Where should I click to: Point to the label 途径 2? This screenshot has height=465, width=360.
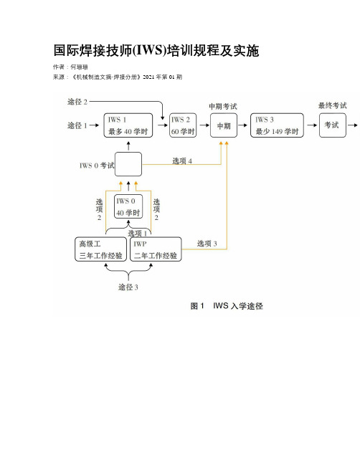pyautogui.click(x=77, y=102)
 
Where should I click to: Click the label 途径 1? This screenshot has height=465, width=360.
pyautogui.click(x=77, y=125)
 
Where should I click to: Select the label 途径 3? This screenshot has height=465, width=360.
pyautogui.click(x=128, y=287)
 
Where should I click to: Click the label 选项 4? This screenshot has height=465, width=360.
pyautogui.click(x=182, y=161)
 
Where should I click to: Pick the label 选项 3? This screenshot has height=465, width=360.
pyautogui.click(x=207, y=244)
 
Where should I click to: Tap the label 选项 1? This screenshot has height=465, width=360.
pyautogui.click(x=138, y=234)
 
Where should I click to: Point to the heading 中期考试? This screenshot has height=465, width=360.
pyautogui.click(x=223, y=106)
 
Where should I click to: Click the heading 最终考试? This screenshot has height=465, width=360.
pyautogui.click(x=333, y=105)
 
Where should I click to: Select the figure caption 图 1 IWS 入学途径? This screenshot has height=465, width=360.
pyautogui.click(x=227, y=306)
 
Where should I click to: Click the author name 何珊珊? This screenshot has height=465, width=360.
pyautogui.click(x=79, y=67)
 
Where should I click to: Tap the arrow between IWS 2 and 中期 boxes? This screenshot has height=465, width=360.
pyautogui.click(x=204, y=125)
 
